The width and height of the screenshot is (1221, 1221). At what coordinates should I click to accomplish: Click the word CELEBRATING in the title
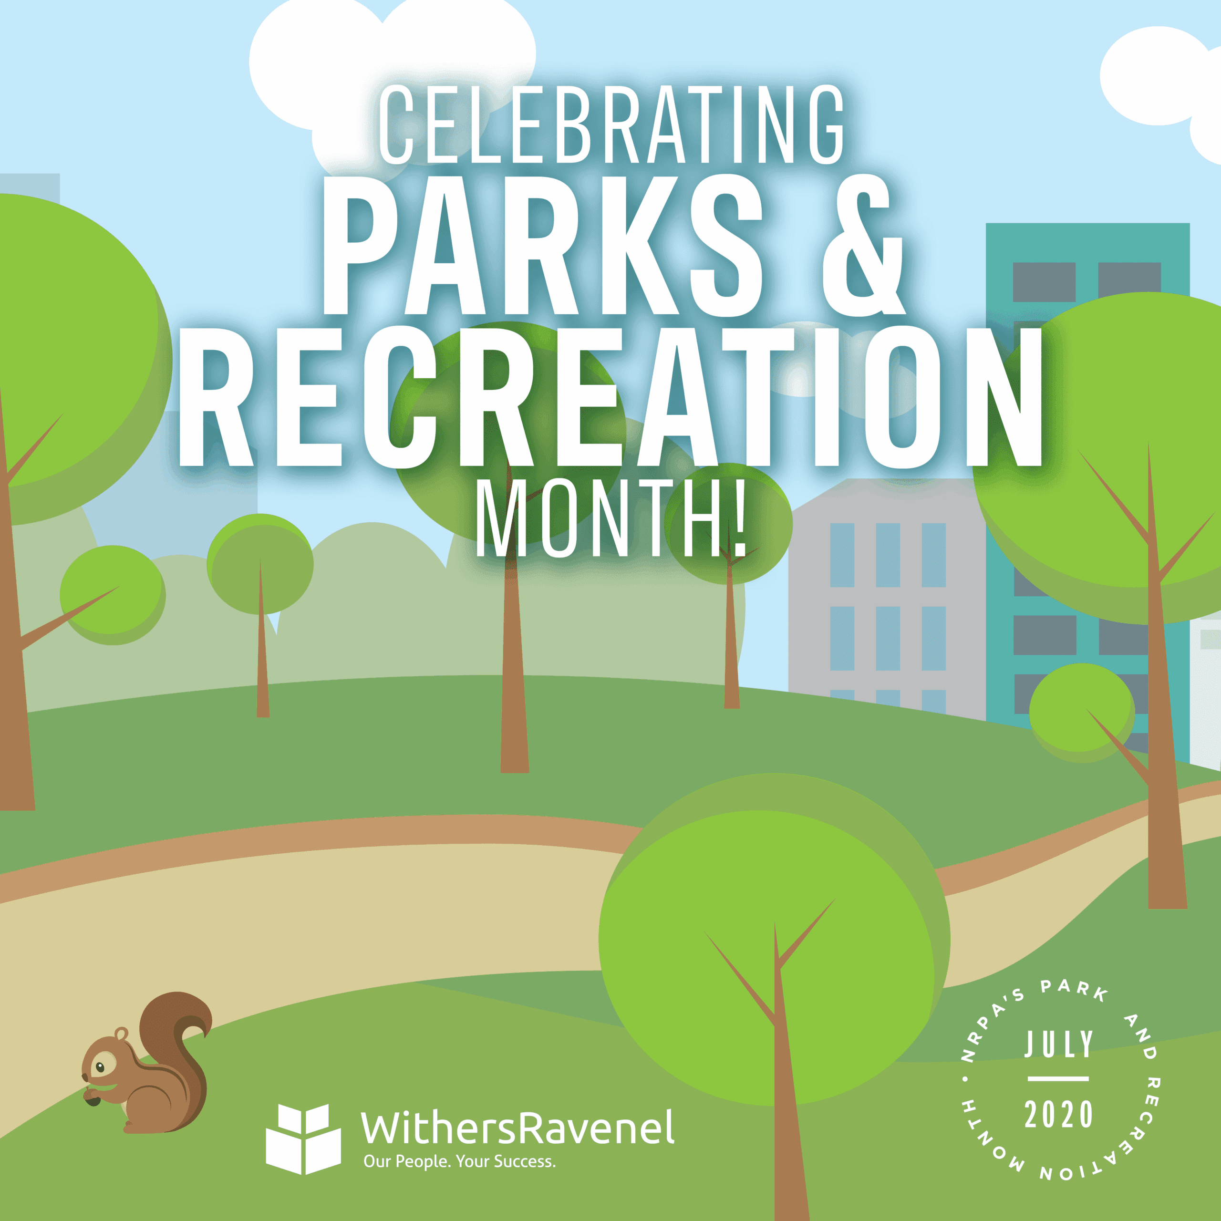pos(610,124)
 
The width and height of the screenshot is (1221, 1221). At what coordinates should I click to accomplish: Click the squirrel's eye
pos(100,1067)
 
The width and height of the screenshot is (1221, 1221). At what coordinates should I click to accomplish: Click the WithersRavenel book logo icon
pos(303,1138)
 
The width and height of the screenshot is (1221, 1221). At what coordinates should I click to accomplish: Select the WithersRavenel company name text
pos(517,1128)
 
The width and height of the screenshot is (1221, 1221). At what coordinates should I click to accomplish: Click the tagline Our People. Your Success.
pos(459,1161)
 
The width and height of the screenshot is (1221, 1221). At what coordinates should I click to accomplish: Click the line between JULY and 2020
pos(1058,1079)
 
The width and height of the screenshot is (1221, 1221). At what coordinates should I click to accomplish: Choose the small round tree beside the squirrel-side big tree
pos(113,594)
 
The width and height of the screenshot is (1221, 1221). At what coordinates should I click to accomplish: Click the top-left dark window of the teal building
pos(1044,282)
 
